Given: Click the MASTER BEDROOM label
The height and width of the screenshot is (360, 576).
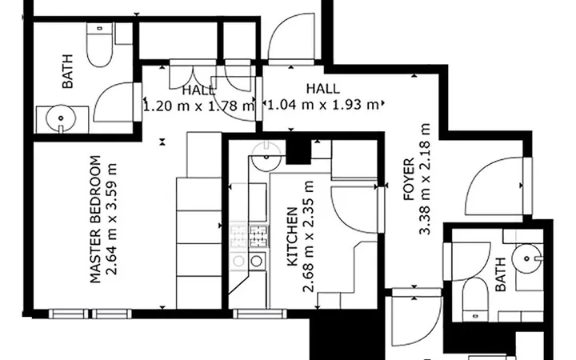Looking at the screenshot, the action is (x=95, y=219).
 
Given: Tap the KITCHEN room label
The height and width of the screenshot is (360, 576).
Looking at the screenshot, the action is (x=292, y=237).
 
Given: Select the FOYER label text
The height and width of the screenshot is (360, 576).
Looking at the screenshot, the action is (x=409, y=179).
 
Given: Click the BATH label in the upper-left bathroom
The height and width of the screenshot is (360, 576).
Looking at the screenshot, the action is (x=67, y=71).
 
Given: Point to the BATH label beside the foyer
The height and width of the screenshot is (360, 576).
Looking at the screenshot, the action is (x=500, y=274).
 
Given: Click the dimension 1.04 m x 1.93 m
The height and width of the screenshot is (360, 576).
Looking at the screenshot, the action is (x=323, y=105).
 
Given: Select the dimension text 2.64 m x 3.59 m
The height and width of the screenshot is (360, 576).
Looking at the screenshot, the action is (x=111, y=219).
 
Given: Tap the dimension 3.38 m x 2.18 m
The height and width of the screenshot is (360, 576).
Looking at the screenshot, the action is (x=425, y=179).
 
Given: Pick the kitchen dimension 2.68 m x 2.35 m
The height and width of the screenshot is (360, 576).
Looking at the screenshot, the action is (x=308, y=237).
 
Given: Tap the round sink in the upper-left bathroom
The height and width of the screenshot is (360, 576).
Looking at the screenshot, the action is (x=61, y=118).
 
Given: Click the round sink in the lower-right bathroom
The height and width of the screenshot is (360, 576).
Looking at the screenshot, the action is (x=527, y=258).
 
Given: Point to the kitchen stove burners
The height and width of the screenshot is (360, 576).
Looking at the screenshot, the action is (x=250, y=235).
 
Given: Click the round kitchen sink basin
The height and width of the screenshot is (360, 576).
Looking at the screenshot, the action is (x=267, y=158).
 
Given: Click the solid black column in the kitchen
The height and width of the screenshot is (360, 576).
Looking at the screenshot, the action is (x=298, y=151).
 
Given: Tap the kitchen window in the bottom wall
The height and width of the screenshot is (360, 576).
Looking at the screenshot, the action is (x=260, y=314).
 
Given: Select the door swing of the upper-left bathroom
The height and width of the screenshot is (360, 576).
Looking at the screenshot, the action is (x=114, y=102).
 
